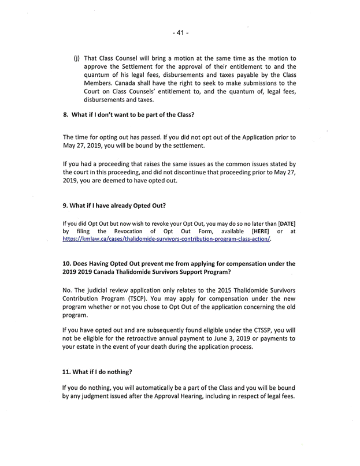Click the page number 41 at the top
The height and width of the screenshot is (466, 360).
[180, 33]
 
